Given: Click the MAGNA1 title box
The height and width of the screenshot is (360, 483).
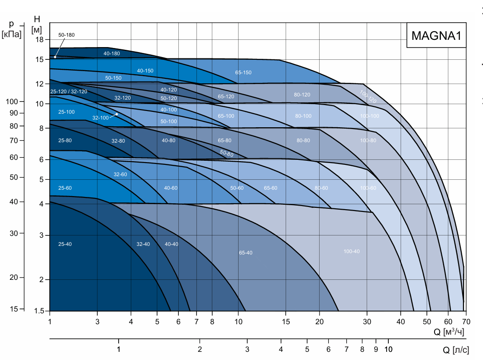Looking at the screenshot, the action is point(436,35).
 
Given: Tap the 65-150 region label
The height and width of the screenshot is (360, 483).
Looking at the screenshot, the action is point(243,72).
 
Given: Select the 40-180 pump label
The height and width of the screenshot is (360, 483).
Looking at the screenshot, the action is point(111,53).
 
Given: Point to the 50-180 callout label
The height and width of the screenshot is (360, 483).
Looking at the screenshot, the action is point(66,35).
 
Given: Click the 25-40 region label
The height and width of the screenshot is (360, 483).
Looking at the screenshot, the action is point(65,244).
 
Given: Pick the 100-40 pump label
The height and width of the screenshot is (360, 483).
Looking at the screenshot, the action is point(351,251).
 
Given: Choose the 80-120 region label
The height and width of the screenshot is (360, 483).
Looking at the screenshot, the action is point(302,95).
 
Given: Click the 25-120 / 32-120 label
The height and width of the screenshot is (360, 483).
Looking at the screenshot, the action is point(69,91).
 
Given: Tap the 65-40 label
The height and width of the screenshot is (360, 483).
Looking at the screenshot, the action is point(245,253).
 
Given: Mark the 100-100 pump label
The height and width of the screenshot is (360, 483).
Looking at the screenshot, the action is point(369,116).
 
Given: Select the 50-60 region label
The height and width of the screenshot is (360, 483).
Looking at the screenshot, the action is point(237,188).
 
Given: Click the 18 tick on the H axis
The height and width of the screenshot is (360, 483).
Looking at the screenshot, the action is point(39,39).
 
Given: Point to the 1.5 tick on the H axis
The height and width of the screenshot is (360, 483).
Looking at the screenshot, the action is point(39,311).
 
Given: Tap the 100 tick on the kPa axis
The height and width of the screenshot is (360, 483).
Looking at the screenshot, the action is point(12,101).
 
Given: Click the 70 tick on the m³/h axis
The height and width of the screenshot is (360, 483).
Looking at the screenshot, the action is point(466,322).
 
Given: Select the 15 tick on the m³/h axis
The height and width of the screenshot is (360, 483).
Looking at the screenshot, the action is point(286,322).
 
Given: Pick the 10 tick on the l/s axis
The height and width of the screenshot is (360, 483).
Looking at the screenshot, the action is point(388,350).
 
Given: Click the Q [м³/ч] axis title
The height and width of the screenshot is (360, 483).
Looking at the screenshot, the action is point(449,331).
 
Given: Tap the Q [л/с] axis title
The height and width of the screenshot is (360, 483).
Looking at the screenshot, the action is point(456,350).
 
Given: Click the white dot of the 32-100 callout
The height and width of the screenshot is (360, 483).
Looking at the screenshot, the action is point(117,115).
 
